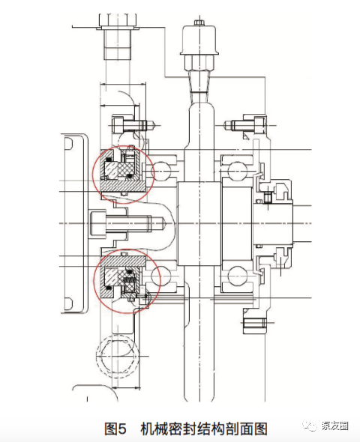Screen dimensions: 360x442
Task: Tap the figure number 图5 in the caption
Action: coord(115,429)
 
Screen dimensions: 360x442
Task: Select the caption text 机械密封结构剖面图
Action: coord(204,429)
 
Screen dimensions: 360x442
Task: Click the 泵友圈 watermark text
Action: coord(335,426)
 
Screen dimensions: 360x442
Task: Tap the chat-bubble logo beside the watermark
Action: coord(310,426)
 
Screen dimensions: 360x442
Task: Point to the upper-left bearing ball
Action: coord(162,171)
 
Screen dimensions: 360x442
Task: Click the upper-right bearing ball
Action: coord(237,171)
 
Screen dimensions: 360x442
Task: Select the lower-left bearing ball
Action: coord(160,276)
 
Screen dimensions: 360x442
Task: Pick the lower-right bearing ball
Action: coord(237,276)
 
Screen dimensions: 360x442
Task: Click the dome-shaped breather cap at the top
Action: coord(199,40)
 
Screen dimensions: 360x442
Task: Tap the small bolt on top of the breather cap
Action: coord(199,22)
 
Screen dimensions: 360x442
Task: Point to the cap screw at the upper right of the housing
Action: coord(246,125)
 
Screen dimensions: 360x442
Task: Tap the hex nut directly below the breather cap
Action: coord(199,62)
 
